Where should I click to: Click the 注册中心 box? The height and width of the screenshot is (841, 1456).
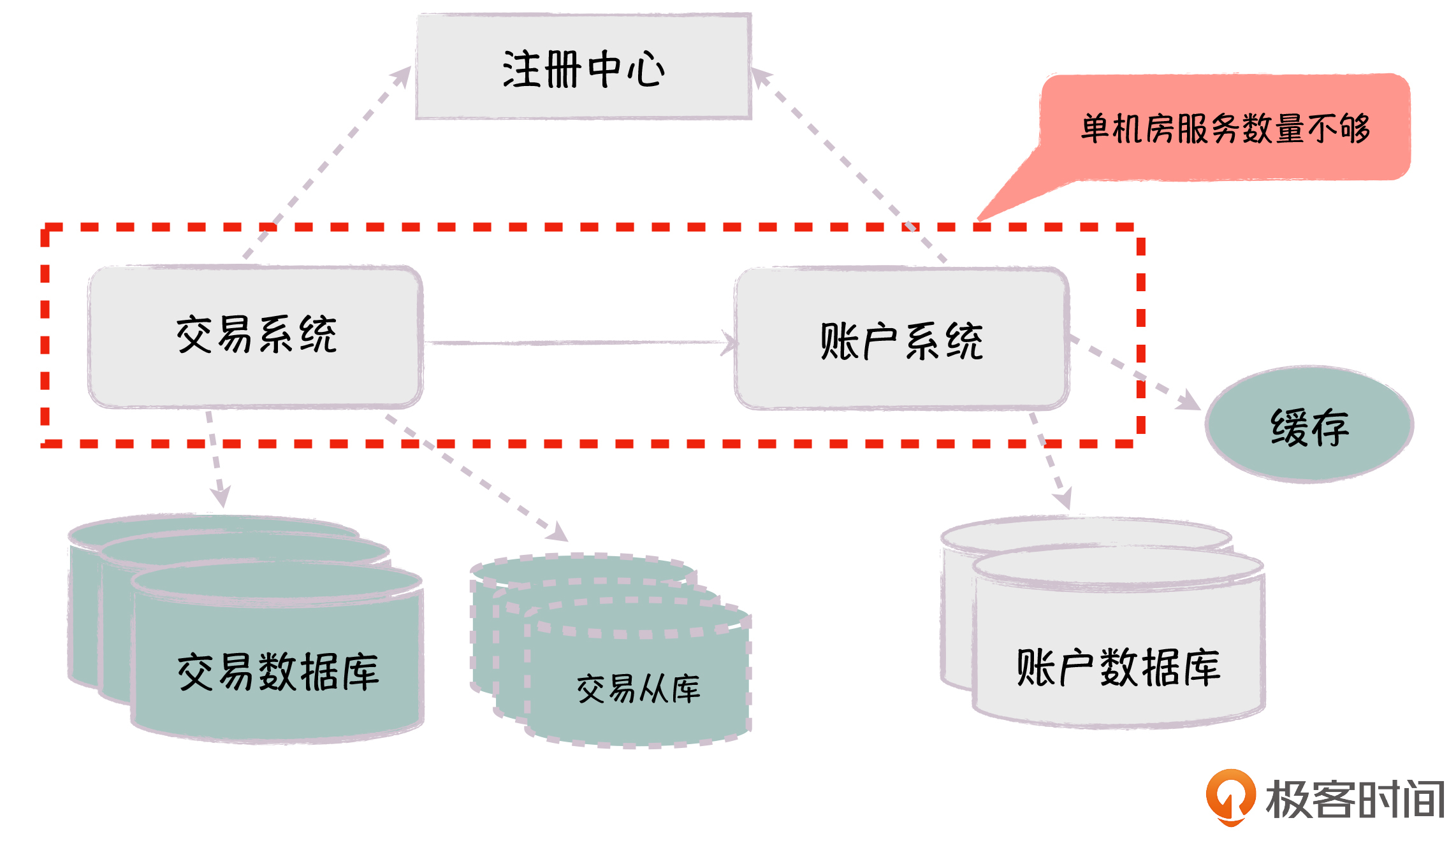[x=583, y=67]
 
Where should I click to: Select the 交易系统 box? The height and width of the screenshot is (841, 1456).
[x=255, y=336]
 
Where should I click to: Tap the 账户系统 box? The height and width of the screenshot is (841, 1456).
[x=901, y=339]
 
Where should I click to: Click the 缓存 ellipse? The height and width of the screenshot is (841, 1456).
[x=1309, y=424]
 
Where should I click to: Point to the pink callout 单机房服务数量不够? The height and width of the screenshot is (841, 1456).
[x=1224, y=127]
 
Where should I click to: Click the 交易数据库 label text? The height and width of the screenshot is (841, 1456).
[x=278, y=672]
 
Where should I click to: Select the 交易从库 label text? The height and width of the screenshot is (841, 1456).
[x=638, y=689]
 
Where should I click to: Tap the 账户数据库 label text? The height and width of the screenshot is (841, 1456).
[x=1118, y=668]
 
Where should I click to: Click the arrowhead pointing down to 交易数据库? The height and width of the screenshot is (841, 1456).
[x=221, y=497]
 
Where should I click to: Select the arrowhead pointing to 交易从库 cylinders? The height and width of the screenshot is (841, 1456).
[x=558, y=533]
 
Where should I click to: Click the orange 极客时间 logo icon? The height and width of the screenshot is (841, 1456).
[x=1230, y=796]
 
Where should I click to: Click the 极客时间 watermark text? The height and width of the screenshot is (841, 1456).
[x=1355, y=799]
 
